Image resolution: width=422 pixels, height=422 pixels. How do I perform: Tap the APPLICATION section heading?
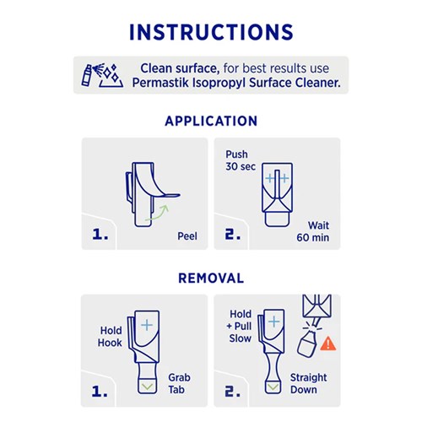(211, 121)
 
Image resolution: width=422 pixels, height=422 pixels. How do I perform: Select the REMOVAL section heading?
(211, 278)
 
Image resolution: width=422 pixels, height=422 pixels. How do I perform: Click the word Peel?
(187, 236)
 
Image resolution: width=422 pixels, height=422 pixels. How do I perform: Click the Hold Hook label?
(111, 337)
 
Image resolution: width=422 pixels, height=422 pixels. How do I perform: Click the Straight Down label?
(308, 383)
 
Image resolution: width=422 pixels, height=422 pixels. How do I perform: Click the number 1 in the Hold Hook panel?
(100, 391)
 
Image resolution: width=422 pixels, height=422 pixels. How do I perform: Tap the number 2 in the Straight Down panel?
(232, 391)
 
